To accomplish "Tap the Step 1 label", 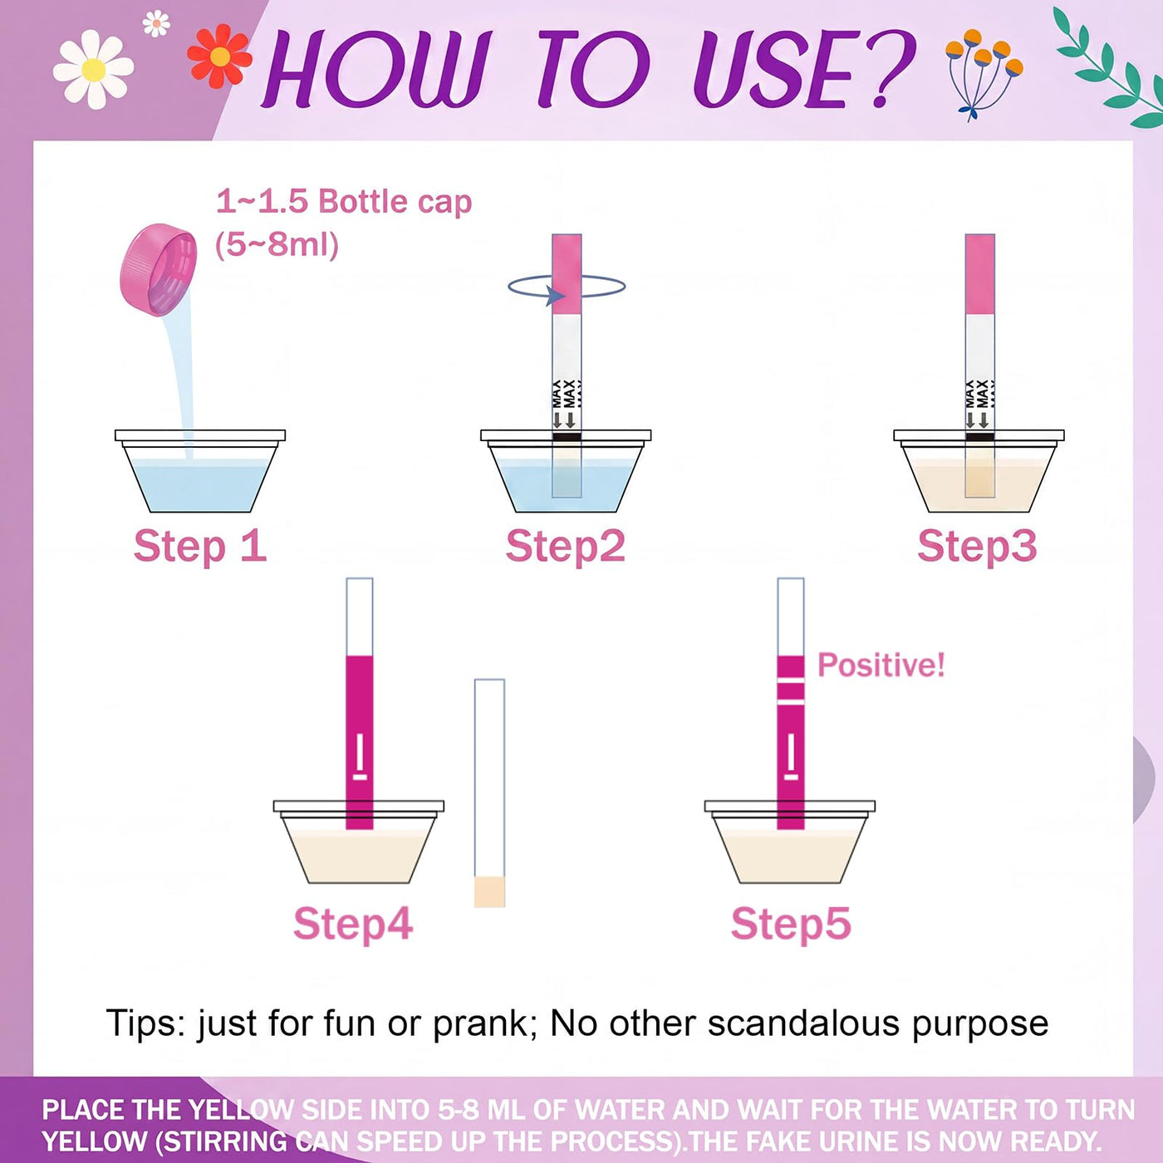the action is (x=200, y=546).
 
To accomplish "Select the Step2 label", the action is (x=565, y=546).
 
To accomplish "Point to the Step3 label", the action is (x=977, y=546).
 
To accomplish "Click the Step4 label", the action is (x=353, y=924).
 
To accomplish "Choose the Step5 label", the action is (x=791, y=924).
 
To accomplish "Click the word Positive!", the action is (x=881, y=665).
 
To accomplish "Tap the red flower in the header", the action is (x=219, y=56).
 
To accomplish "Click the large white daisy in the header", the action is (x=94, y=70).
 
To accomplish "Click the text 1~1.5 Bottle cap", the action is (x=344, y=202).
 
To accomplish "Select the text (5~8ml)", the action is (x=277, y=245).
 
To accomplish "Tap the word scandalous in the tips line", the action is (x=802, y=1023).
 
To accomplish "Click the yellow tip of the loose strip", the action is (x=488, y=891).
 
